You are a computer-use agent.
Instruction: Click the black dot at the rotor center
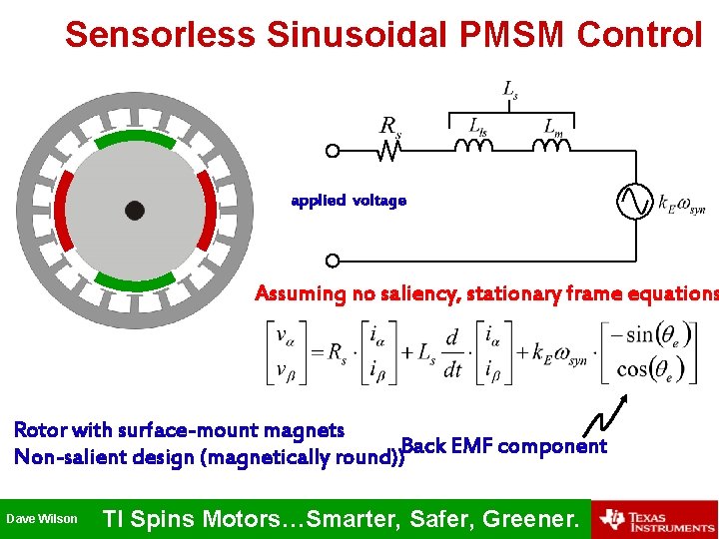click(x=135, y=210)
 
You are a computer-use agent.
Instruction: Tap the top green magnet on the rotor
click(x=134, y=136)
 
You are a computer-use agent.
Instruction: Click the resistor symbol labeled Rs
click(x=389, y=151)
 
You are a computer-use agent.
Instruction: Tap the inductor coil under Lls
click(x=475, y=147)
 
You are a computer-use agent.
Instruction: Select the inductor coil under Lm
click(x=551, y=147)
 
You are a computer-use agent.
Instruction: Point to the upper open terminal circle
click(x=333, y=151)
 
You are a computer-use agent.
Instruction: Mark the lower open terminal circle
click(x=333, y=261)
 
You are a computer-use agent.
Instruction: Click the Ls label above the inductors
click(x=509, y=92)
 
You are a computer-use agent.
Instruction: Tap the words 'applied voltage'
click(x=349, y=201)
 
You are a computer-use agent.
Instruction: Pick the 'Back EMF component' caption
click(x=503, y=446)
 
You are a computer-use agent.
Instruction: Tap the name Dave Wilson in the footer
click(x=42, y=519)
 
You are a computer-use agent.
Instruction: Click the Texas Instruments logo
click(x=655, y=519)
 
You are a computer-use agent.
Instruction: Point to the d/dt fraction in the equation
click(x=452, y=353)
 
